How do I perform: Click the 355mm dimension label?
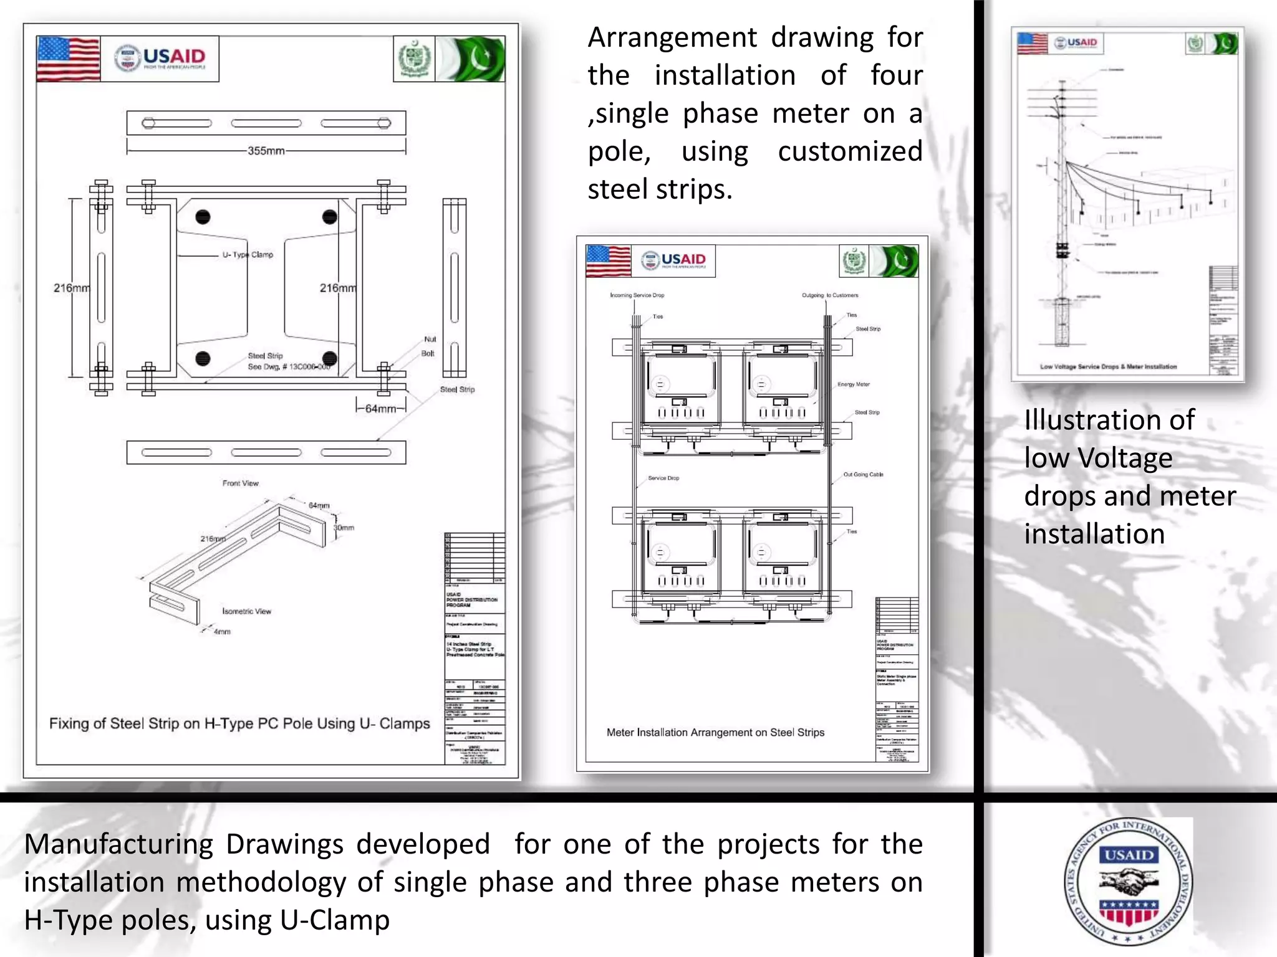coord(266,151)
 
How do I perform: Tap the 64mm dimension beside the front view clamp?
coord(380,409)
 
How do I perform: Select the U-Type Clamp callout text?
coord(248,255)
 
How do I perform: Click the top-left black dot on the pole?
coord(203,217)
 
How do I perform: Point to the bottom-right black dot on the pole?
coord(330,358)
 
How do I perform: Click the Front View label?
coord(240,483)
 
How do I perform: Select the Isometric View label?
coord(247,611)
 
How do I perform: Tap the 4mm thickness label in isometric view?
coord(222,632)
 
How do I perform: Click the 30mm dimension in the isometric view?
coord(344,528)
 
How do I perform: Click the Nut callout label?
coord(430,340)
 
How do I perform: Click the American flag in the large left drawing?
coord(69,59)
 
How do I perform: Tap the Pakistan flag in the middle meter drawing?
coord(895,261)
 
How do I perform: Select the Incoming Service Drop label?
coord(637,295)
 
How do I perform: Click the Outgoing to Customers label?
coord(830,295)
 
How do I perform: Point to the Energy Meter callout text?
coord(853,384)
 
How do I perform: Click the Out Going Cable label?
coord(863,475)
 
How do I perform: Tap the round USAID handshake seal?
coord(1128,881)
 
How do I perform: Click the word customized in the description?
coord(850,151)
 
